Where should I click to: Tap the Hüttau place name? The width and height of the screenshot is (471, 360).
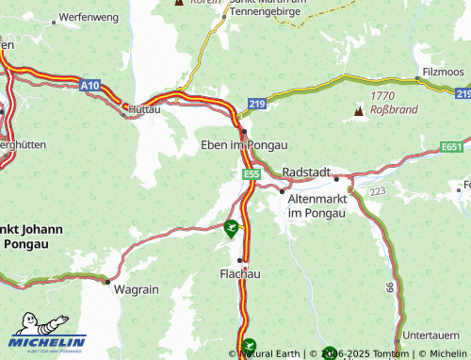coord(145,109)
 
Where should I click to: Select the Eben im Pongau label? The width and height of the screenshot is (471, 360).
coord(244,144)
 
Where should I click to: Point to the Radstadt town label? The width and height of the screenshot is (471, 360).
coord(306,172)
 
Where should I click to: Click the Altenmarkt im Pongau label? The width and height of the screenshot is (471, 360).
coord(317,206)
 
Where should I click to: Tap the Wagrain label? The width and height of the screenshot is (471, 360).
coord(136,290)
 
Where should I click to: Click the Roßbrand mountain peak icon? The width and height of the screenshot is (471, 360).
coord(358,112)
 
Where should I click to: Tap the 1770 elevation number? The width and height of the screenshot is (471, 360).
coord(382,95)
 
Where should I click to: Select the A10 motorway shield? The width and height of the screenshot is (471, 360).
coord(89,85)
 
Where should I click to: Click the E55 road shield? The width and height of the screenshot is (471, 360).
coord(251,175)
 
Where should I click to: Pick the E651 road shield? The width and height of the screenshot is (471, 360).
coord(452,147)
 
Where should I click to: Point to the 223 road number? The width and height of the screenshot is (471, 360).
coord(378,191)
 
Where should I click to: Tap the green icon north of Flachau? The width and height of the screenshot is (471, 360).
coord(231,226)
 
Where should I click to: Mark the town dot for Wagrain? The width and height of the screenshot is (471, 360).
coord(107,281)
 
